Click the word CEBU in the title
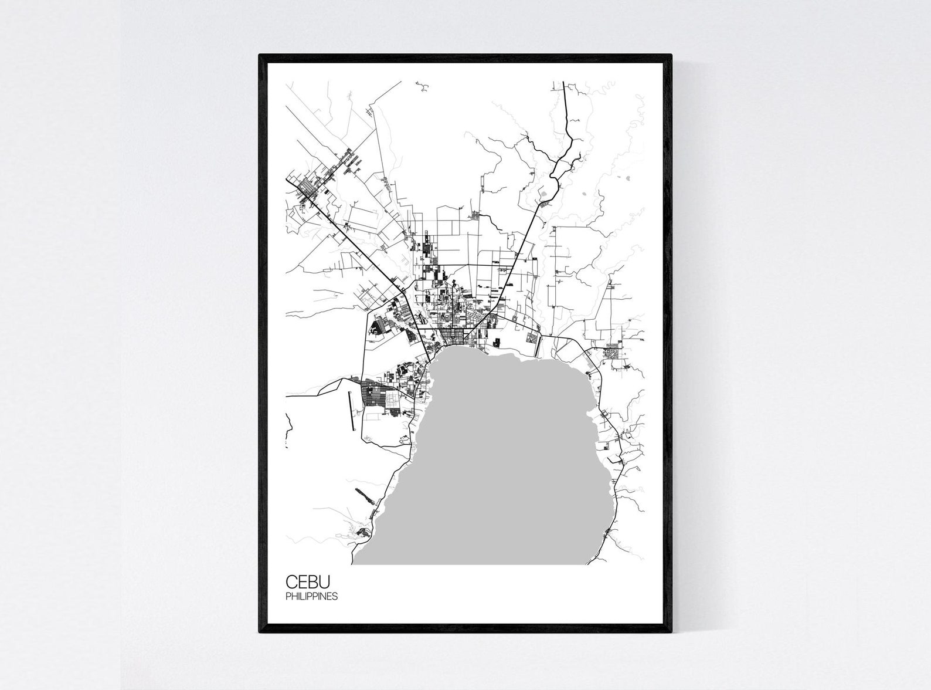tap(308, 582)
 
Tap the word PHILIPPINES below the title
tap(311, 597)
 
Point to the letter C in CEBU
tap(292, 582)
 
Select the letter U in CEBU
tap(325, 582)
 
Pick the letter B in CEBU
tap(314, 582)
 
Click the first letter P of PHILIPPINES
tap(288, 597)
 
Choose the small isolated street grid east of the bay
tap(614, 353)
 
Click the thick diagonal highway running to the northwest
tap(352, 241)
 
